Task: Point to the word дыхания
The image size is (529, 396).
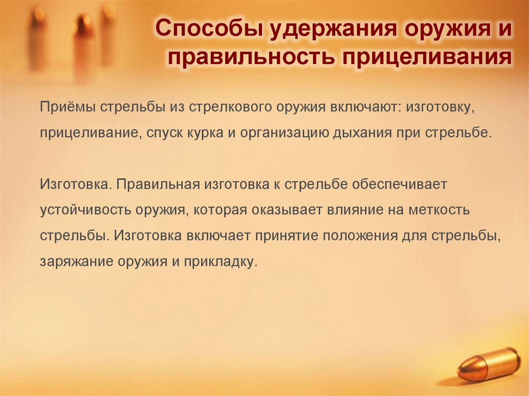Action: [365, 132]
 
